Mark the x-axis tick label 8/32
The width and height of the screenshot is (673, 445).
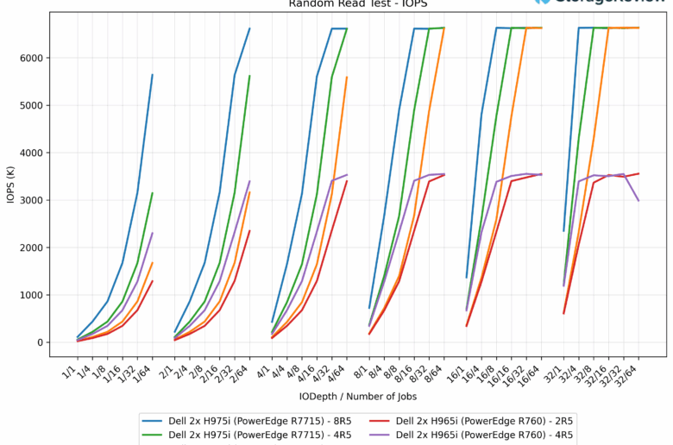click(420, 370)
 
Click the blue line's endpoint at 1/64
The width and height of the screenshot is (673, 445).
click(152, 75)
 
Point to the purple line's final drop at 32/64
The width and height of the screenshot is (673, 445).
click(638, 200)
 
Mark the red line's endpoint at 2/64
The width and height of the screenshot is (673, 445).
click(249, 230)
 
